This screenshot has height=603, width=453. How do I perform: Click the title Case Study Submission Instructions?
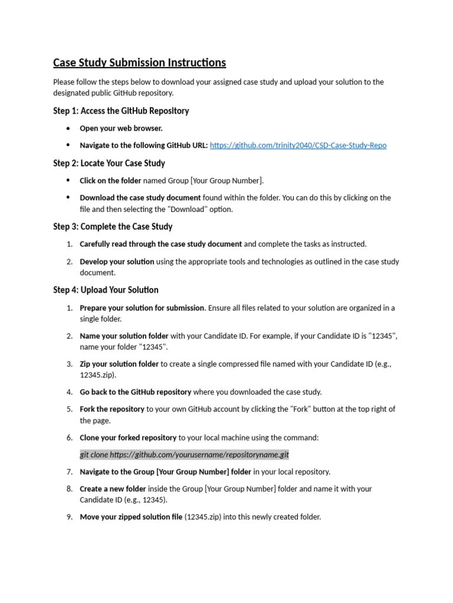(x=139, y=62)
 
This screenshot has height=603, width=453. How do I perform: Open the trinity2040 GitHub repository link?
(x=298, y=145)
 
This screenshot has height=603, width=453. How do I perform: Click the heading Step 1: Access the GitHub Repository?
(x=121, y=111)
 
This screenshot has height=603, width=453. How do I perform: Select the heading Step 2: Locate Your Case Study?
(x=109, y=163)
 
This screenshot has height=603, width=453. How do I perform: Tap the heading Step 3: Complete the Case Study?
(x=113, y=227)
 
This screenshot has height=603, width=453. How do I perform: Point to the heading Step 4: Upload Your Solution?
(x=106, y=290)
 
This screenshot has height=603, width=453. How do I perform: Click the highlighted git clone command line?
(x=184, y=455)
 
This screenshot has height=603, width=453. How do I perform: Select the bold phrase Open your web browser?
(x=121, y=128)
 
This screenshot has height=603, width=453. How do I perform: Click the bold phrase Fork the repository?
(x=112, y=409)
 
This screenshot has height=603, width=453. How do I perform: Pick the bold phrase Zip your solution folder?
(x=119, y=365)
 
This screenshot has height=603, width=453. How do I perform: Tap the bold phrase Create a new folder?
(x=113, y=489)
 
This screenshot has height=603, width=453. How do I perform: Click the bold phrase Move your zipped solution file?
(x=131, y=517)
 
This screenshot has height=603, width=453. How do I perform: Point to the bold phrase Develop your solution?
(x=117, y=261)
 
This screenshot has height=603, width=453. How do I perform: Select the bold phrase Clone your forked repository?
(x=128, y=438)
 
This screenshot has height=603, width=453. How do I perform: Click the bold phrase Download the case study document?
(x=140, y=198)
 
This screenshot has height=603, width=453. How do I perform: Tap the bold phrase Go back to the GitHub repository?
(x=136, y=392)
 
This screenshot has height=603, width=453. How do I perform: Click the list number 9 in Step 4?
(x=69, y=517)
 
